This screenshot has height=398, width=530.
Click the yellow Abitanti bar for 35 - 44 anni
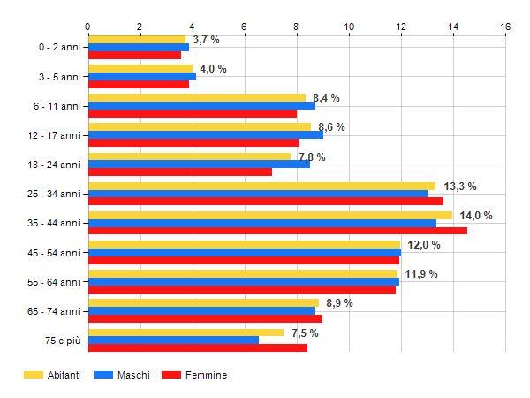coord(269,215)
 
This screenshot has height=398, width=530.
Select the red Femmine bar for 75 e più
coord(198,348)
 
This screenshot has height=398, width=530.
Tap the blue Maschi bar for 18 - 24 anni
coord(199,164)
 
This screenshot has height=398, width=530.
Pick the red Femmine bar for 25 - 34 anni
coord(265,201)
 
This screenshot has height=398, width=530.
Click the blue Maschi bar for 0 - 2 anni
coord(139,47)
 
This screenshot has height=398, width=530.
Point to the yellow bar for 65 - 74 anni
coord(203,302)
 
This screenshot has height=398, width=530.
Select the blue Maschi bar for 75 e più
coord(173,340)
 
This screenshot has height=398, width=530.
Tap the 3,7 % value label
coord(206,40)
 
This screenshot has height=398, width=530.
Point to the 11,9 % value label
coord(421,274)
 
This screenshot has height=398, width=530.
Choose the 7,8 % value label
coord(312,157)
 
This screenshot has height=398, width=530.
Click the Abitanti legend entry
coord(52,375)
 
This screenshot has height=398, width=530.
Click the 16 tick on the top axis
coord(505,27)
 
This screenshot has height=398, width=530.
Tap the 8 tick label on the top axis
coord(297,27)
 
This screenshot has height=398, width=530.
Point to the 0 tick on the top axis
coord(88,27)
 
